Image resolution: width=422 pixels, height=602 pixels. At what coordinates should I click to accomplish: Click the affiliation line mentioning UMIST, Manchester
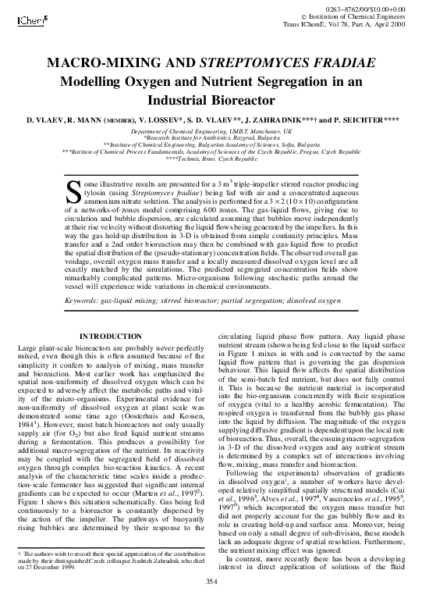[211, 133]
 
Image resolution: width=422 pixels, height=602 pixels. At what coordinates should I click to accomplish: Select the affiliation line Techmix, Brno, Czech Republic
[211, 157]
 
